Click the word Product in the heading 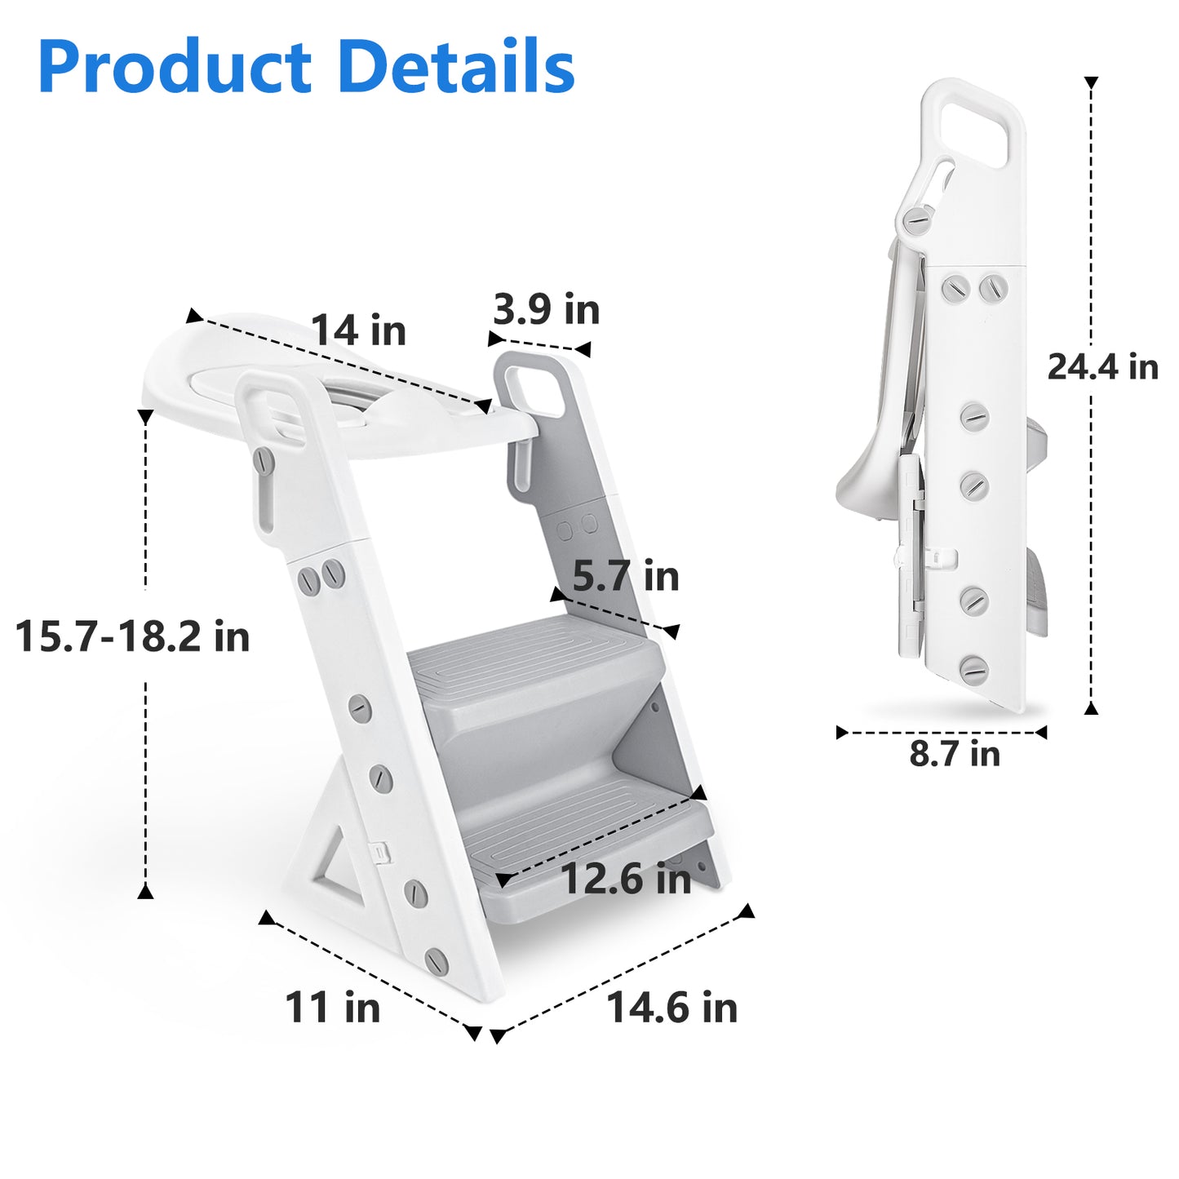click(x=175, y=66)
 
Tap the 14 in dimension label click(x=359, y=330)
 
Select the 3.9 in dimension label click(x=547, y=309)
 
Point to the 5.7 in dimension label click(x=625, y=576)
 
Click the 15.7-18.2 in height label click(x=132, y=636)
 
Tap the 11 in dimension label click(x=333, y=1007)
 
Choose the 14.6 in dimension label click(x=671, y=1008)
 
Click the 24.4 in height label click(x=1103, y=367)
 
